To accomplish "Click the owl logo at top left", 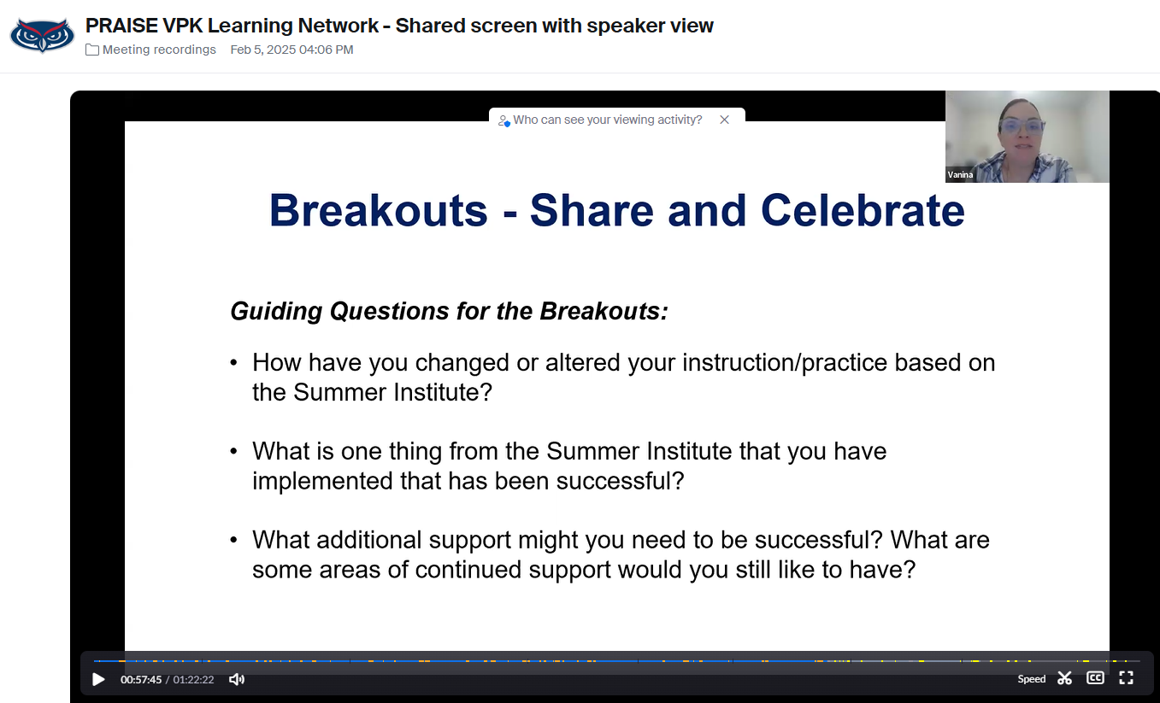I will click(x=42, y=35).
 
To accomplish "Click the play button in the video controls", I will click(x=98, y=679).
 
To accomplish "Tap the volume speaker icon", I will click(x=237, y=679).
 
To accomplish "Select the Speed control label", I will click(x=1031, y=679).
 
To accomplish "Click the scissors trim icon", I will click(x=1064, y=678).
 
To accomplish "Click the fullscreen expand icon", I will click(x=1126, y=678).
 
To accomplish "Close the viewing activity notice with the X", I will click(x=724, y=120).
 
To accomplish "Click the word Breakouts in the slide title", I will click(x=378, y=210).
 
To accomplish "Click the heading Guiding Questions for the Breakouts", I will click(x=449, y=311).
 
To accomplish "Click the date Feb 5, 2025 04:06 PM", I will click(x=291, y=50).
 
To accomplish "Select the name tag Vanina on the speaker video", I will click(x=960, y=174).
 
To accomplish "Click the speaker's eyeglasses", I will click(x=1022, y=126).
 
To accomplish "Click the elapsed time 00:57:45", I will click(x=141, y=680).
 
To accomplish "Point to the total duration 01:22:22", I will click(x=194, y=680).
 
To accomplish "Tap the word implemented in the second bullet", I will click(x=323, y=481).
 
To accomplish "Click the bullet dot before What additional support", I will click(x=234, y=541).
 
